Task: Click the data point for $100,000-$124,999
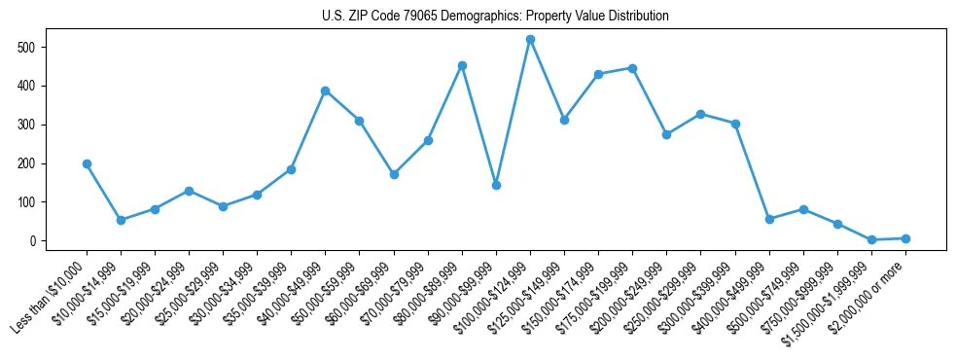530,40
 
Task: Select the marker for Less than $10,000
87,164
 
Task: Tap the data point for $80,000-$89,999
462,65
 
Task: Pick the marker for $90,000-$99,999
496,185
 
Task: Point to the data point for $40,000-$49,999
326,90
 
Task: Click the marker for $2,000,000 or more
905,238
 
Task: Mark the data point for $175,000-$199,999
632,68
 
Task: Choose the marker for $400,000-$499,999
769,219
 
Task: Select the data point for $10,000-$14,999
121,220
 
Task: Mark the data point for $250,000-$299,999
701,114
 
